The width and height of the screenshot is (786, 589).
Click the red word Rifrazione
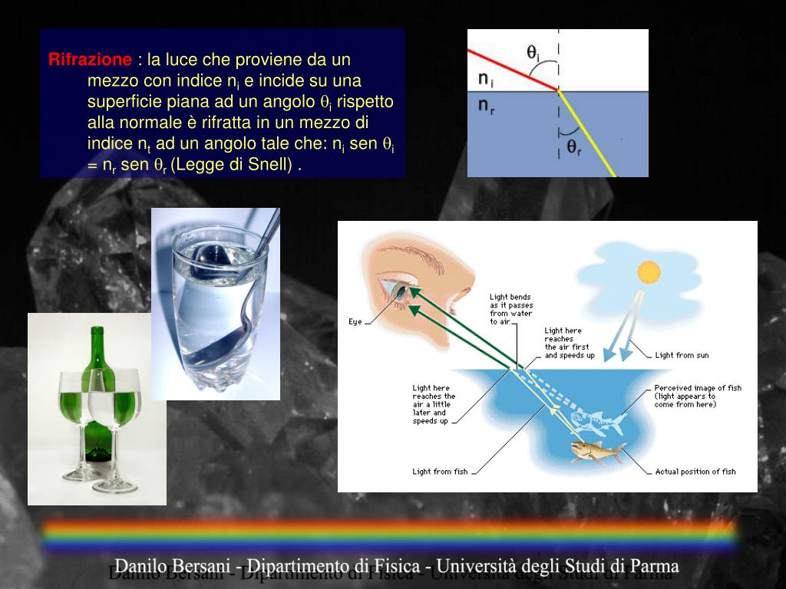[x=90, y=60]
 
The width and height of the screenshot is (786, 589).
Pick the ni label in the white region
[x=485, y=79]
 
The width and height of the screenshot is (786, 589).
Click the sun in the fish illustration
[x=649, y=271]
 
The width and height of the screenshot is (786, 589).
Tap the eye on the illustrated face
[x=401, y=292]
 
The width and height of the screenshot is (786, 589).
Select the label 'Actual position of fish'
[x=695, y=472]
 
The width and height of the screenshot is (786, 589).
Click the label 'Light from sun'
[x=682, y=355]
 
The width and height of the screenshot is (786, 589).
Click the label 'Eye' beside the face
[x=355, y=322]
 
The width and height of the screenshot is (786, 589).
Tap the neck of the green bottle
[x=97, y=349]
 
